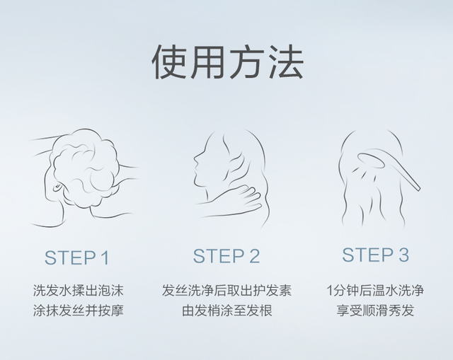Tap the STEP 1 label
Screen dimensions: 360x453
pyautogui.click(x=76, y=257)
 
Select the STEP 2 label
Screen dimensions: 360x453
pyautogui.click(x=226, y=256)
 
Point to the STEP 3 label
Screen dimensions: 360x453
pyautogui.click(x=375, y=255)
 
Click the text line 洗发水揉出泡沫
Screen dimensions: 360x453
pyautogui.click(x=77, y=291)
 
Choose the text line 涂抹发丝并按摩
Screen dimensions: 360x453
pyautogui.click(x=77, y=310)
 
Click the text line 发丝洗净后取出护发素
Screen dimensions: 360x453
pyautogui.click(x=226, y=291)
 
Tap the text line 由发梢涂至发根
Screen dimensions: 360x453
pyautogui.click(x=226, y=310)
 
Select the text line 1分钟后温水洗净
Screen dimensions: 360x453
pyautogui.click(x=375, y=291)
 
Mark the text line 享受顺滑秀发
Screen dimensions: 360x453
pyautogui.click(x=375, y=310)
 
